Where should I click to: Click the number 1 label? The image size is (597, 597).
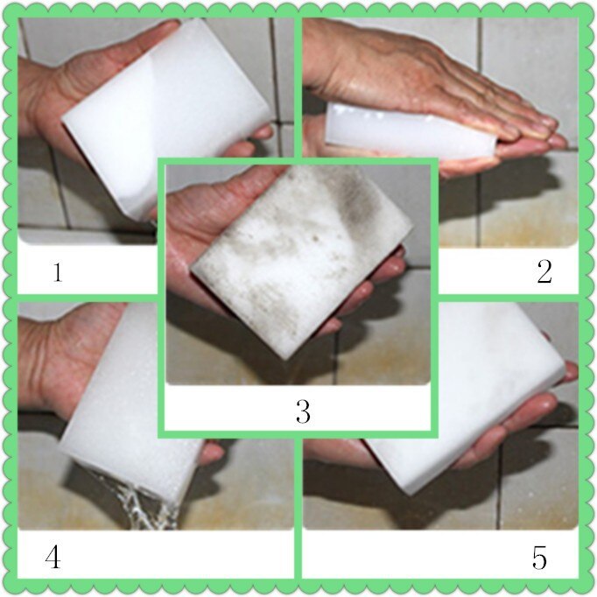(x=57, y=272)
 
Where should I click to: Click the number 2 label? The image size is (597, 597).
(x=544, y=272)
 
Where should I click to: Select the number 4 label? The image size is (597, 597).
(x=53, y=558)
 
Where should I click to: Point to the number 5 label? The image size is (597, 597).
(x=539, y=558)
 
